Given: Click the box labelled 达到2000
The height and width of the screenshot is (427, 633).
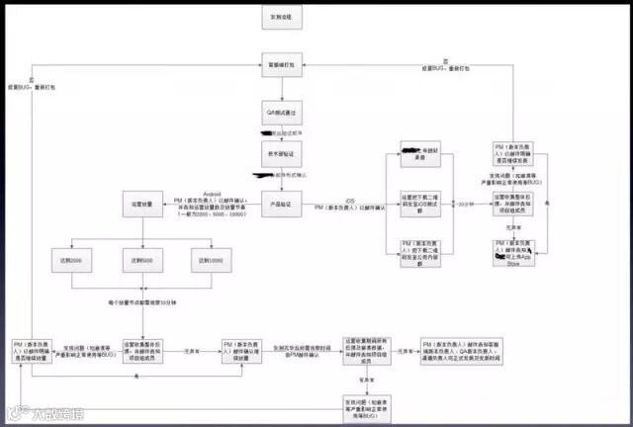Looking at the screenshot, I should coord(70,260).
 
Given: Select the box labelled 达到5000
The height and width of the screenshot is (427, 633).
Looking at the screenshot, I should coord(139,260).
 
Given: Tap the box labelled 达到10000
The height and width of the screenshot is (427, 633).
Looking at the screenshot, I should coord(211,260).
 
